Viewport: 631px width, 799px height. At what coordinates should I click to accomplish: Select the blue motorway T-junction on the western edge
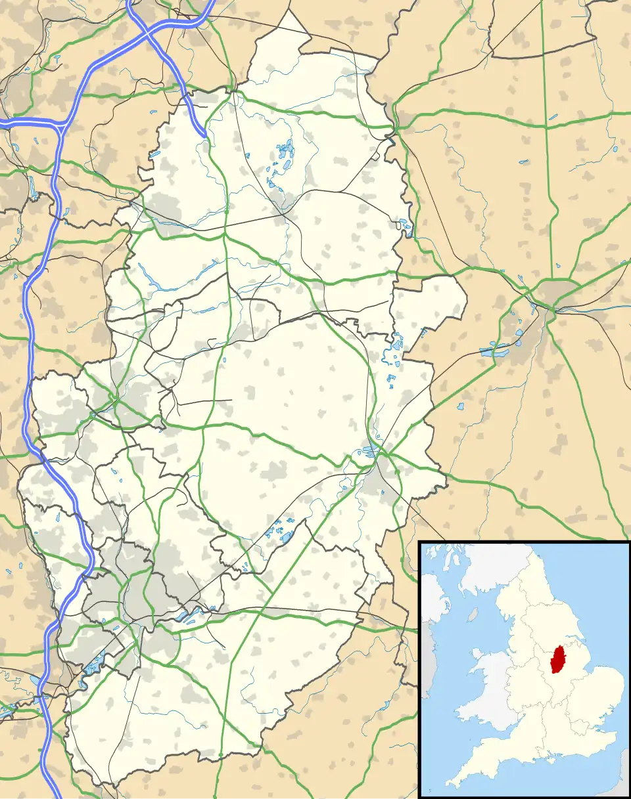click(x=60, y=124)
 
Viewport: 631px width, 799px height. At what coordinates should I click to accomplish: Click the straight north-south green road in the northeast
click(x=546, y=98)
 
